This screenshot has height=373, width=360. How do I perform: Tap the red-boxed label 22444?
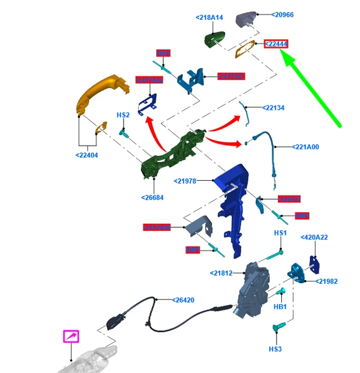pos(276,44)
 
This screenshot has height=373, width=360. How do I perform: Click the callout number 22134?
pos(273,108)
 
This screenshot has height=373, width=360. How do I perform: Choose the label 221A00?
pos(306,147)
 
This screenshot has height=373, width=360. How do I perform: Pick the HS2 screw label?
pos(123,115)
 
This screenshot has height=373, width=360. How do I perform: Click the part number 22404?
pos(87,155)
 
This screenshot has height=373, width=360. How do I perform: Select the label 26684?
pos(152,198)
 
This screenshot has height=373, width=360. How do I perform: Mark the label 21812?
pos(221,273)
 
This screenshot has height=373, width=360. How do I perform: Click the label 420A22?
pos(314,237)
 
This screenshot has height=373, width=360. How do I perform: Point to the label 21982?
pos(327,281)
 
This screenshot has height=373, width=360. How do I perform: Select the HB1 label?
pos(280,307)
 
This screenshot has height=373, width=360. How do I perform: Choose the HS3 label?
pos(275,349)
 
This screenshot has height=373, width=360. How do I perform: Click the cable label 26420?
pos(183,301)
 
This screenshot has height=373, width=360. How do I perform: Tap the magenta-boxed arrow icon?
pos(71,336)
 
